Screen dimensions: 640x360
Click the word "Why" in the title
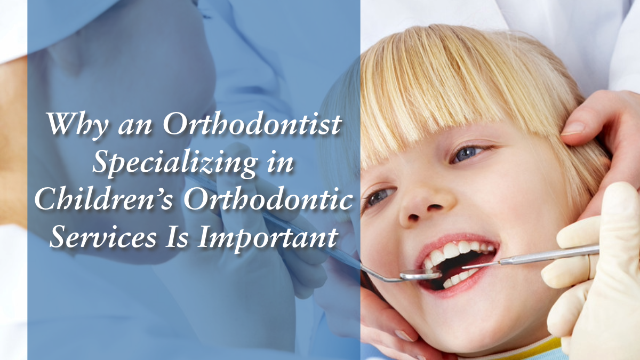click(78, 125)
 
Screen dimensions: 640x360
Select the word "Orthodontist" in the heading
click(252, 124)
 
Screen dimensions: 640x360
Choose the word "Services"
click(103, 237)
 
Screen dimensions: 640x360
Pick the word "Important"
click(268, 238)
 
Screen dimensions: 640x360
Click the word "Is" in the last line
click(177, 237)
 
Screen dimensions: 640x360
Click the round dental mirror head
click(421, 275)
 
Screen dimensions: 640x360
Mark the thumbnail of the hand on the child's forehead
click(573, 129)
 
